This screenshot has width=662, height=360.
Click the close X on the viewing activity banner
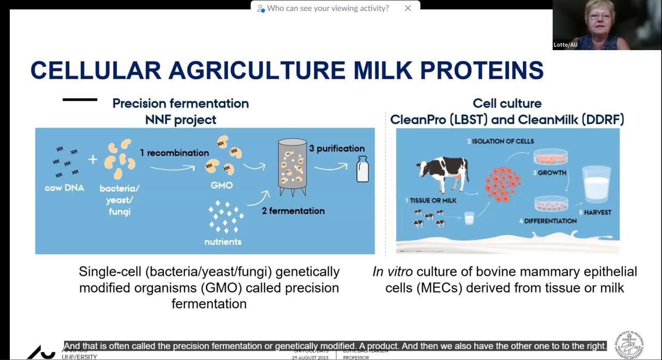[408, 8]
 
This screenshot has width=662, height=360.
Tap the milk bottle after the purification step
[363, 169]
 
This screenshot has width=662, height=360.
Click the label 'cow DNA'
[64, 188]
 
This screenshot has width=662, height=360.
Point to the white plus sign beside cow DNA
[93, 159]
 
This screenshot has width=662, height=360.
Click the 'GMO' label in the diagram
[221, 185]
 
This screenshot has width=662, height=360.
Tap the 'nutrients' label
[223, 242]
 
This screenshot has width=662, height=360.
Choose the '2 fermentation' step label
[293, 211]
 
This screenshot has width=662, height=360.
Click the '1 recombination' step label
[174, 153]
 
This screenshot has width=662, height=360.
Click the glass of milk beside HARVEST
[596, 184]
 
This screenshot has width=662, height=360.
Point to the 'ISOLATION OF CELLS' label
[501, 141]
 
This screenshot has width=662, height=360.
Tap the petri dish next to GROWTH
[550, 157]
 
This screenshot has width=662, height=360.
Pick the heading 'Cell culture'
[507, 103]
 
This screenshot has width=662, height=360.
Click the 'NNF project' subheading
[180, 120]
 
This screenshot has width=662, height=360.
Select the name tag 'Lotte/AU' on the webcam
[565, 45]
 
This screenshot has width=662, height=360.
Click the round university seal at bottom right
[629, 344]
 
